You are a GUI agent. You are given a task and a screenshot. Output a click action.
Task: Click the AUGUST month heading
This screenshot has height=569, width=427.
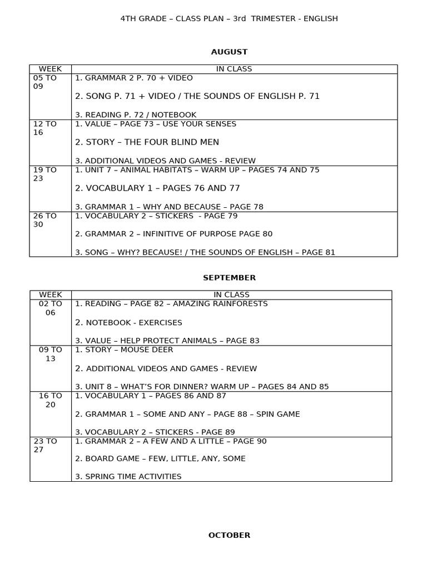tap(229, 52)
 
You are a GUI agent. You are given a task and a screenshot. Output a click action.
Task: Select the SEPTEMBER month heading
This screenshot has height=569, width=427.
tap(229, 278)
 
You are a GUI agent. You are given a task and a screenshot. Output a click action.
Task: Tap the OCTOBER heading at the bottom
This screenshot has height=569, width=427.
tap(229, 535)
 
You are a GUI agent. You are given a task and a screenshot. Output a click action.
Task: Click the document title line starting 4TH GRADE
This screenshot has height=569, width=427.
tap(229, 18)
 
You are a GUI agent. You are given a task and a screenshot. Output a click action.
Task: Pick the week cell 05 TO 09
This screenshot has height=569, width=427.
tap(45, 82)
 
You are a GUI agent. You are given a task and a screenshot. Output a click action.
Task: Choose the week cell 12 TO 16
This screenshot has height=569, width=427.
tap(45, 128)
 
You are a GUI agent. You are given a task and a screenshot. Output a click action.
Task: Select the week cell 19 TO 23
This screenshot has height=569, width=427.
tap(45, 174)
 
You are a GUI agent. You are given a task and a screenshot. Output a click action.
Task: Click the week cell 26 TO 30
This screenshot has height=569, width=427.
tap(45, 221)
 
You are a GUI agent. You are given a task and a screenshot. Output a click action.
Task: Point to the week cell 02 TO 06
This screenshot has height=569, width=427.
tap(51, 308)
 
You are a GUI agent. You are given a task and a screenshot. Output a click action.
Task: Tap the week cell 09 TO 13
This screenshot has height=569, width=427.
tap(51, 355)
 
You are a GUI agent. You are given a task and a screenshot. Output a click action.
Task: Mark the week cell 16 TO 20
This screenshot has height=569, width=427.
tap(51, 400)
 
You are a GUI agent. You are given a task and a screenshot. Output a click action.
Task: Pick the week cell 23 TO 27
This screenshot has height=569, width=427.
tap(45, 446)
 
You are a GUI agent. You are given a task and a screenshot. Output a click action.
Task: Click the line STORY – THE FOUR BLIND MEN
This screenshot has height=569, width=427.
tap(147, 142)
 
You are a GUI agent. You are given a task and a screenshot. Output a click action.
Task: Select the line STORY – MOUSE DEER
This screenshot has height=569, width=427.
tap(124, 350)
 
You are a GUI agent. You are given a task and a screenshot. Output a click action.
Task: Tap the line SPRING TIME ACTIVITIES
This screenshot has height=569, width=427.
tap(128, 477)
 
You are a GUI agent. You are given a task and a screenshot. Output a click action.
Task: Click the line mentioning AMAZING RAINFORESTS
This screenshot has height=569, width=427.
tap(171, 304)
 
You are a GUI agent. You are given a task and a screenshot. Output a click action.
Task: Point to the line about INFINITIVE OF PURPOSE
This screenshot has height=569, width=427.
tap(173, 234)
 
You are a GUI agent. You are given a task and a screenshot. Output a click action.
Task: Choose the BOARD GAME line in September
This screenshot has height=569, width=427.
tap(160, 459)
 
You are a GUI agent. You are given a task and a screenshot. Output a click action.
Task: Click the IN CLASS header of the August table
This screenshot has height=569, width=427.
tap(234, 69)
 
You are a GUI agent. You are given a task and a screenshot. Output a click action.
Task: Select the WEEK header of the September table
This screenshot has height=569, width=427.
tap(51, 295)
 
